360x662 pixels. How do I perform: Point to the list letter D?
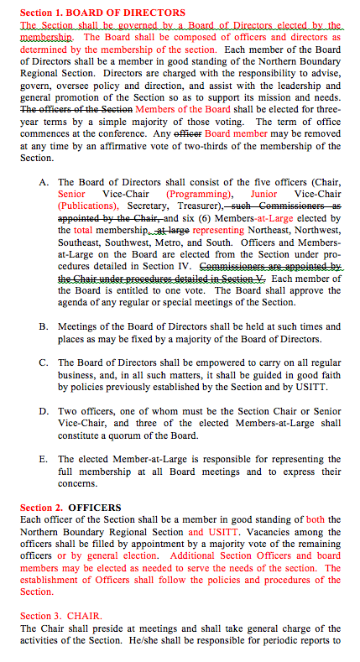43,412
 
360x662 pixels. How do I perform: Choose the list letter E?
43,460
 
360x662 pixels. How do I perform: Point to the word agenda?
78,302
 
